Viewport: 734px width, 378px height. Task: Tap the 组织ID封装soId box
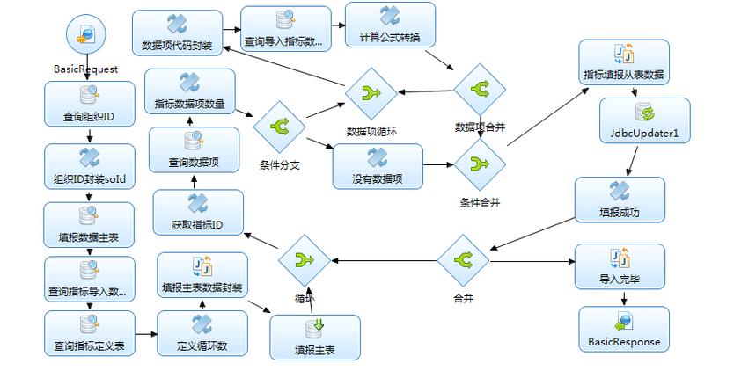point(89,165)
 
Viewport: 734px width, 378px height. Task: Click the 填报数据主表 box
point(89,224)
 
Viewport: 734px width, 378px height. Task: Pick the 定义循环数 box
point(202,332)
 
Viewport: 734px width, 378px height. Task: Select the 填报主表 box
point(315,337)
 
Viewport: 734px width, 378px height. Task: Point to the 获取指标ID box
point(196,211)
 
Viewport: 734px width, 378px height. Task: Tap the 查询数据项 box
point(194,149)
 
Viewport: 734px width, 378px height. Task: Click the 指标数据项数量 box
point(189,92)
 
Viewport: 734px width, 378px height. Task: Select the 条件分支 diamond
point(279,127)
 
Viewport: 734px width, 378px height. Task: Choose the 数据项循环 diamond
point(371,93)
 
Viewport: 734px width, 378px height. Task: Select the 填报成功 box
point(619,200)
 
